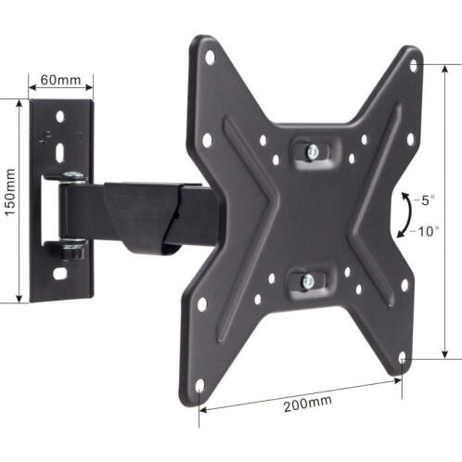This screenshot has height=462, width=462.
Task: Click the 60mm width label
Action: tap(61, 81)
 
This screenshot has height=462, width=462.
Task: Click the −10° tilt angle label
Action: tap(426, 228)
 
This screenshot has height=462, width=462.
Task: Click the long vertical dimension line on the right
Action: tap(445, 212)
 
